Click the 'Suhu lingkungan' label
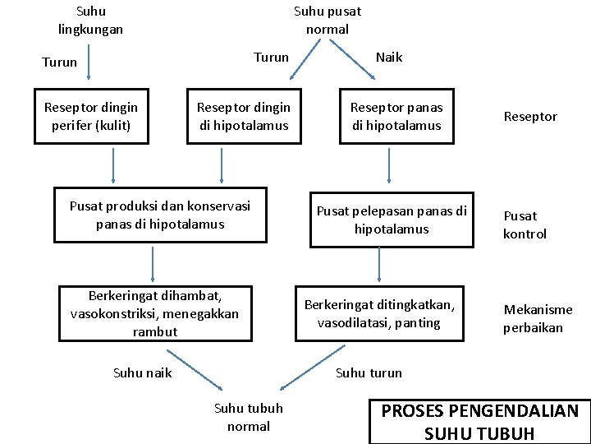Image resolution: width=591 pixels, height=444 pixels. pyautogui.click(x=90, y=21)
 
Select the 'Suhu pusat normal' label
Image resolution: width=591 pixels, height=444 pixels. pyautogui.click(x=327, y=21)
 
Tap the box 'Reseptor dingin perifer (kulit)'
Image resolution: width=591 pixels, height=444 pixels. pyautogui.click(x=91, y=117)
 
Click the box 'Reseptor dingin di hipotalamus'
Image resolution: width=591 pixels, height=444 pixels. pyautogui.click(x=244, y=117)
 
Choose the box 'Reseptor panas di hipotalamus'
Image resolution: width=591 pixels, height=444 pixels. pyautogui.click(x=396, y=117)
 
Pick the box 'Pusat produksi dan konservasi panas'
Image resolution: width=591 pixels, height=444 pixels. pyautogui.click(x=160, y=215)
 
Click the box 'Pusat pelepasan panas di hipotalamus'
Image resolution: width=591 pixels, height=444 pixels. pyautogui.click(x=392, y=220)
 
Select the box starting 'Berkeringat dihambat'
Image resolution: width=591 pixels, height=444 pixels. pyautogui.click(x=154, y=313)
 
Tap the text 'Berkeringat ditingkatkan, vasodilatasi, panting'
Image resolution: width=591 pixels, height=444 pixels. pyautogui.click(x=378, y=313)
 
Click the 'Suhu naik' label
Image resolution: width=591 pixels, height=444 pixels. pyautogui.click(x=142, y=372)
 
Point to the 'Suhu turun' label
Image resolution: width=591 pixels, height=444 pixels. pyautogui.click(x=369, y=372)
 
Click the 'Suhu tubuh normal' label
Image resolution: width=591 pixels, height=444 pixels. pyautogui.click(x=248, y=417)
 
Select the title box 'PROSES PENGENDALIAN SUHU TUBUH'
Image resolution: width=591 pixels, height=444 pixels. pyautogui.click(x=480, y=421)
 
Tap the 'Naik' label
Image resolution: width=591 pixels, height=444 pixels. pyautogui.click(x=388, y=58)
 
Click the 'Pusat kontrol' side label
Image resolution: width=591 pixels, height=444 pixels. pyautogui.click(x=525, y=224)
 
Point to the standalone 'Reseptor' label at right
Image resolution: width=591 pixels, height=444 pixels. pyautogui.click(x=529, y=117)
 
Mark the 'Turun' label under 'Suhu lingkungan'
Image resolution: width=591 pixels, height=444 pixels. pyautogui.click(x=59, y=62)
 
